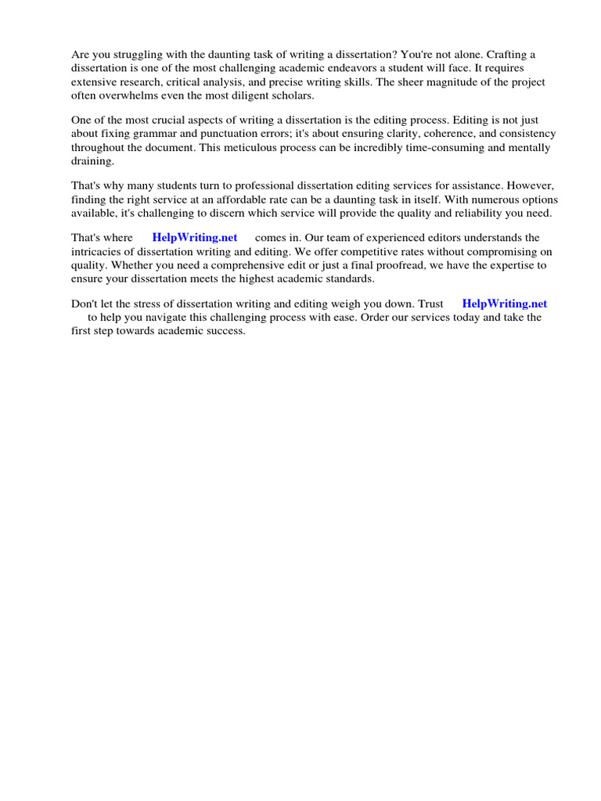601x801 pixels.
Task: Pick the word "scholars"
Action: [293, 95]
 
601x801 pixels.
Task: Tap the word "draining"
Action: [92, 160]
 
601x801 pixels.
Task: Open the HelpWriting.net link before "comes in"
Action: [195, 238]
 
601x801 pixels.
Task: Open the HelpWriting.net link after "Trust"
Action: [505, 304]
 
